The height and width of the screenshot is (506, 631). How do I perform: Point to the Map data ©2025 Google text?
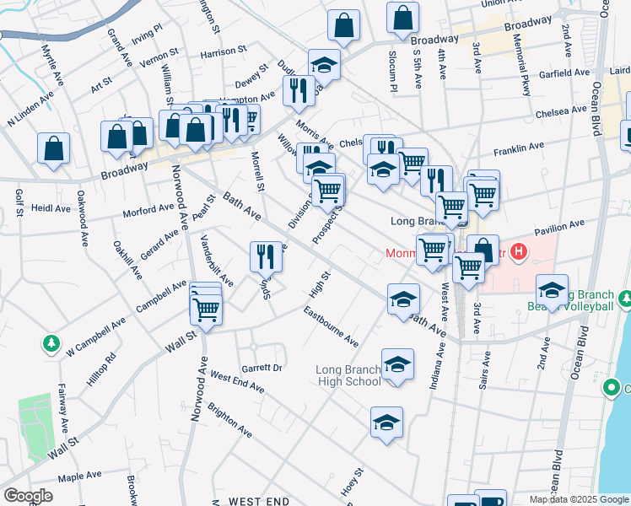[578, 499]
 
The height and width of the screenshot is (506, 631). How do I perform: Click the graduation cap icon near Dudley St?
[324, 64]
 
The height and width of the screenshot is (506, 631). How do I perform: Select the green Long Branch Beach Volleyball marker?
[625, 299]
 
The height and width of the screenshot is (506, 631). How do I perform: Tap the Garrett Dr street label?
[262, 368]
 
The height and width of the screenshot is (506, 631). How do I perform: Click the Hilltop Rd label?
[100, 369]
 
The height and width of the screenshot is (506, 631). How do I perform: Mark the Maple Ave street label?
[81, 477]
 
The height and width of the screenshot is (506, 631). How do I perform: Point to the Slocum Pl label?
[392, 70]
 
